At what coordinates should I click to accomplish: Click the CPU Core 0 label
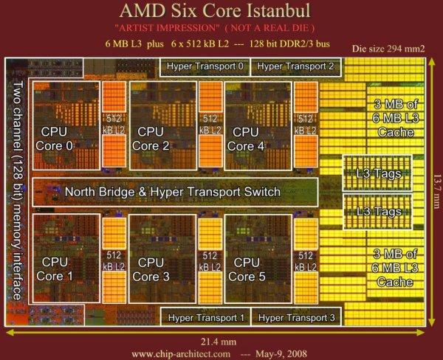pos(54,139)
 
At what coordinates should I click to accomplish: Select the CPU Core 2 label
pos(151,139)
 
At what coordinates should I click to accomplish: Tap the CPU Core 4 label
pos(246,139)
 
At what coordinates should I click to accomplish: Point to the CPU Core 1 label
pos(55,269)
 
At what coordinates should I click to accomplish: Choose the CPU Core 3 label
pos(151,270)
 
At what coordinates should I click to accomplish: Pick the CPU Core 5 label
pos(247,270)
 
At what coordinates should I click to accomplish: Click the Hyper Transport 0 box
pos(205,67)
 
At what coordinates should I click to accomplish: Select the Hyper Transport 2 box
pos(296,67)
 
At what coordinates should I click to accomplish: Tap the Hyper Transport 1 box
pos(206,317)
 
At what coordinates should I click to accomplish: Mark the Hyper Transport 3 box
pos(296,317)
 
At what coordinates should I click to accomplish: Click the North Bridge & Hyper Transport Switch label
pos(173,192)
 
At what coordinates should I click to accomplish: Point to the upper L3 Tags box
pos(377,173)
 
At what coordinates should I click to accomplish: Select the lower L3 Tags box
pos(378,212)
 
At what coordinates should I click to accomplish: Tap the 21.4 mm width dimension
pos(219,342)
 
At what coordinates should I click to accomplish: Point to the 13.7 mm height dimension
pos(437,192)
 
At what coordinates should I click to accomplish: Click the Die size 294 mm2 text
pos(388,49)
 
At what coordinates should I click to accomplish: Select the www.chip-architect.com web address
pos(181,354)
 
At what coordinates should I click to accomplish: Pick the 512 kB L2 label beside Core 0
pos(114,124)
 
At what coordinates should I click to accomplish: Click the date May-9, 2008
pos(281,354)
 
